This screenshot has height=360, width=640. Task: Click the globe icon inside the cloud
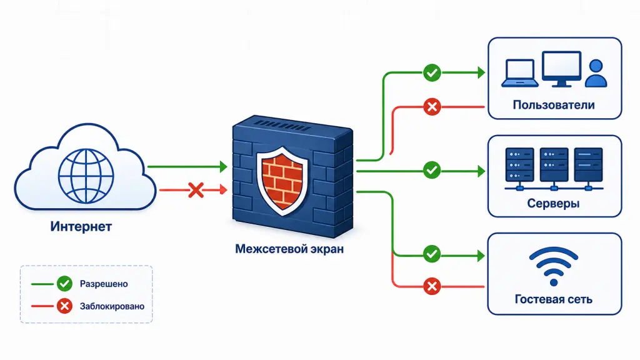[x=86, y=176]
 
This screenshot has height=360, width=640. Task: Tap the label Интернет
[x=81, y=226]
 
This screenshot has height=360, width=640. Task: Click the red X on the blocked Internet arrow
[x=196, y=190]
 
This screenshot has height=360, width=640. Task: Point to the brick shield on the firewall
[x=282, y=181]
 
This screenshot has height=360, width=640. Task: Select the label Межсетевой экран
[x=289, y=249]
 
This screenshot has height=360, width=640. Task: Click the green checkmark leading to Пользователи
[x=432, y=73]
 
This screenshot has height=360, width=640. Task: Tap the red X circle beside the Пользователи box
[x=432, y=107]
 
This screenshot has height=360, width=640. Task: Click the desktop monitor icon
[x=562, y=69]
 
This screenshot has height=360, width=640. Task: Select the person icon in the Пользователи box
[x=596, y=74]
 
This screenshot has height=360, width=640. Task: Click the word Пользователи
[x=554, y=105]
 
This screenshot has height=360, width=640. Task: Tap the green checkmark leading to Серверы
[x=432, y=170]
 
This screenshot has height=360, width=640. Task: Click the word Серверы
[x=554, y=203]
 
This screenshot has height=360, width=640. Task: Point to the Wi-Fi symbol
[x=554, y=266]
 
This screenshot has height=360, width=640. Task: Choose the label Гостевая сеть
[x=554, y=299]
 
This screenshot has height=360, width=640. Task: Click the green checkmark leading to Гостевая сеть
[x=432, y=254]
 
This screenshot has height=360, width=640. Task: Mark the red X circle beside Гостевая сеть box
[x=432, y=286]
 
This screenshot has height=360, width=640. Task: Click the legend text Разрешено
[x=104, y=284]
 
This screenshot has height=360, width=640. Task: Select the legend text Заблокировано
[x=112, y=306]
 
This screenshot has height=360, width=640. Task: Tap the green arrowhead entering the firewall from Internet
[x=223, y=166]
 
